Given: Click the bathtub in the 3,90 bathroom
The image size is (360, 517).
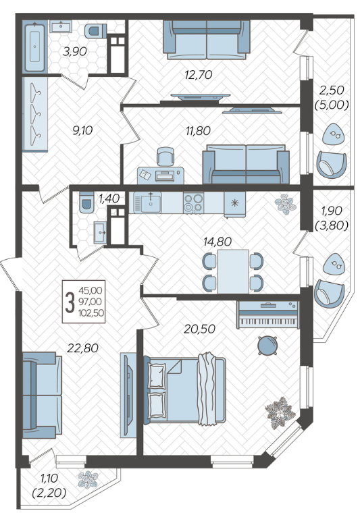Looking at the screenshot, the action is tap(34, 46).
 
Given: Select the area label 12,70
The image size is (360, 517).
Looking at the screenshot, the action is tap(199, 75).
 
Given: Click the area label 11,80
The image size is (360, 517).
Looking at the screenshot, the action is tap(198, 131).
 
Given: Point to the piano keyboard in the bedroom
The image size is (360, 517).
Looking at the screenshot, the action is tap(267, 315).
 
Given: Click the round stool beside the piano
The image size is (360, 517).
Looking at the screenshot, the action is tap(267, 346).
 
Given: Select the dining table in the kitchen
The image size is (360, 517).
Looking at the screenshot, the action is tap(233, 271).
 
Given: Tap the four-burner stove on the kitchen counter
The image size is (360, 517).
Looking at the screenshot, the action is tap(194, 202).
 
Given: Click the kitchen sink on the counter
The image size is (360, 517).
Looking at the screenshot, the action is tap(147, 202).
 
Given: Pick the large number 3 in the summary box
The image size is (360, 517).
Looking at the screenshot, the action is tap(70, 303).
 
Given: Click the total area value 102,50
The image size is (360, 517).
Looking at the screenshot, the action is tap(91, 312).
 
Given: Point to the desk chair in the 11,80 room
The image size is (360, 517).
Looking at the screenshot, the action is tap(165, 157).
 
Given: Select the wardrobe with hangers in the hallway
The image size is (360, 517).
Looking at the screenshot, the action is tap(35, 114).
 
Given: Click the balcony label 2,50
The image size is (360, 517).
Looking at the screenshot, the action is tap(331, 90).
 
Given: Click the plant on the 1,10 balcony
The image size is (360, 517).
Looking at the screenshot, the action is tap(88, 479).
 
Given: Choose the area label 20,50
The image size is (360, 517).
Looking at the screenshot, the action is tap(200, 329).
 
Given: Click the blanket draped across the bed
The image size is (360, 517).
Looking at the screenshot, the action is tap(207, 389).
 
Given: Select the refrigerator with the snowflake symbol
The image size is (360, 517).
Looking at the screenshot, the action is tap(234, 204).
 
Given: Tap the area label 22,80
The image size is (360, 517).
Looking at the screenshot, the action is tap(82, 348).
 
